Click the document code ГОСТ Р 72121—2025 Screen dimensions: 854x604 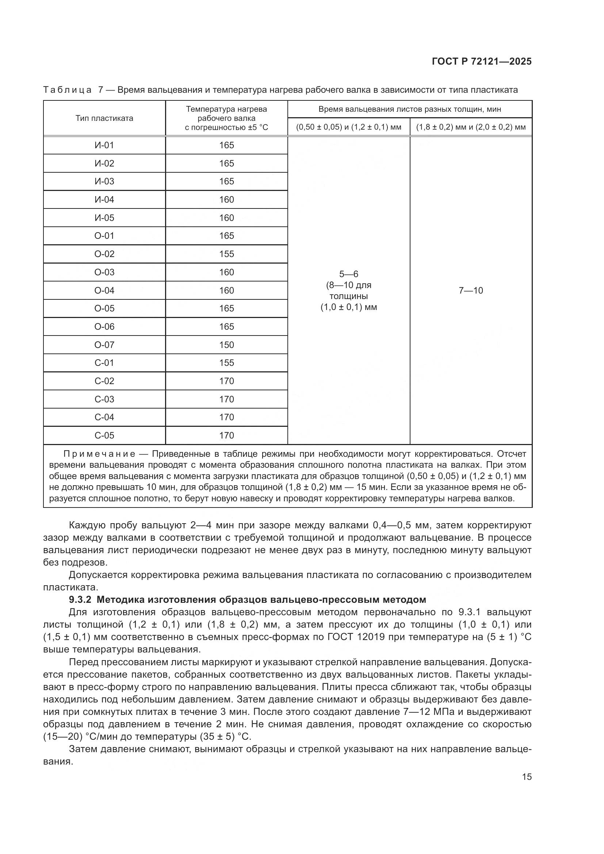tap(482, 62)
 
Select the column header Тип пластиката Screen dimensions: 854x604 tap(104, 118)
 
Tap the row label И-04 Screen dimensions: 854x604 tap(104, 200)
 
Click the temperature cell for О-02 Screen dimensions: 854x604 tap(226, 254)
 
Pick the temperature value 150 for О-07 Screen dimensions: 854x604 tap(226, 345)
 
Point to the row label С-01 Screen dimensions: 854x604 tap(104, 363)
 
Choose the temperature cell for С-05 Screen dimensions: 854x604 tap(226, 435)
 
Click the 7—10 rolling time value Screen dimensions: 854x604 tap(470, 291)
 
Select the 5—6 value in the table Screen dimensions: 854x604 tap(348, 274)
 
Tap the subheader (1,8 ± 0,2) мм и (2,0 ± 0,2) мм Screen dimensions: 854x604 tap(470, 127)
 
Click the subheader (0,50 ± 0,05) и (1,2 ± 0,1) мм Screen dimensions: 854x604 tap(348, 127)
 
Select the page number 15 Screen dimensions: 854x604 tap(527, 777)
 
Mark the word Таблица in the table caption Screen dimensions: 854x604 tap(67, 90)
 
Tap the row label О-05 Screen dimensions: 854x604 tap(104, 309)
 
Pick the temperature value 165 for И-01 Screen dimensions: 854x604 tap(226, 145)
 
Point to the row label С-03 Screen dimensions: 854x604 tap(104, 399)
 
